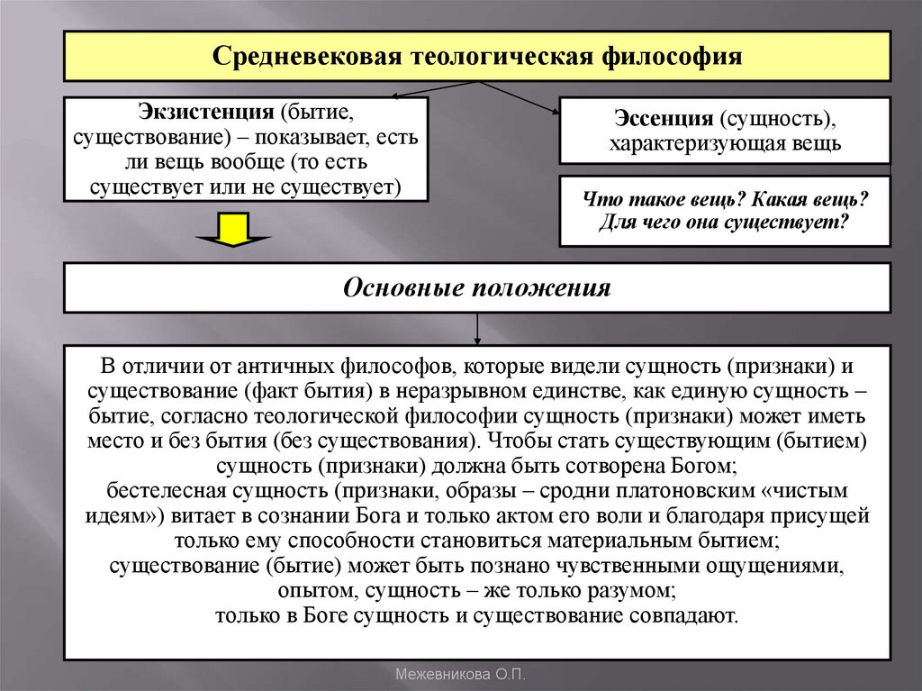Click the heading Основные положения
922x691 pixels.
(477, 288)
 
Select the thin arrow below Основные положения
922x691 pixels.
(477, 329)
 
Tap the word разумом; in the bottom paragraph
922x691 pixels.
(626, 592)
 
